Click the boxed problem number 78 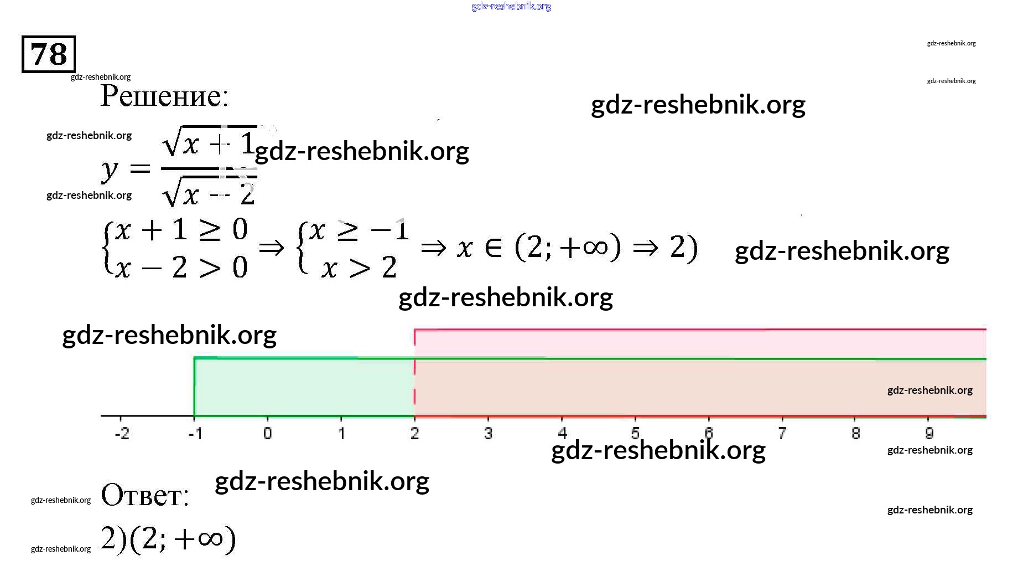point(49,54)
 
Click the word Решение point(164,96)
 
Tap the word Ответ point(145,495)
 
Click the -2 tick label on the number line point(122,433)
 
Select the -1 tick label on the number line point(195,433)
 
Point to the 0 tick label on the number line point(268,433)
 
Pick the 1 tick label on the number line point(341,433)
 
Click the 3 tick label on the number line point(488,433)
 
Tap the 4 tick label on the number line point(562,433)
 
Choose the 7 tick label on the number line point(782,433)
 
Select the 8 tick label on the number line point(855,433)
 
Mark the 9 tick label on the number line point(929,433)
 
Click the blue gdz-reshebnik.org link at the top point(511,6)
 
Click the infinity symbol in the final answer point(210,538)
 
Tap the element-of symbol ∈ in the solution point(494,248)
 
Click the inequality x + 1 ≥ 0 point(181,230)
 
